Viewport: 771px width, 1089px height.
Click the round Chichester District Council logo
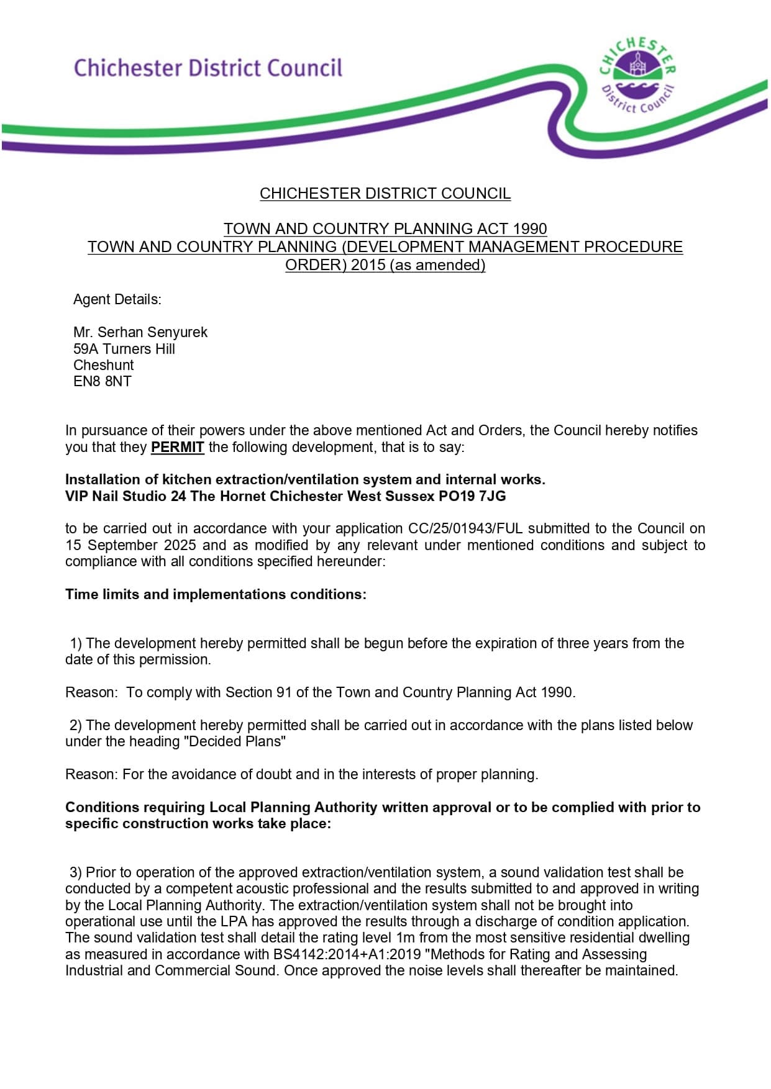(637, 76)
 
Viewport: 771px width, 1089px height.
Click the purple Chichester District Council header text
(208, 68)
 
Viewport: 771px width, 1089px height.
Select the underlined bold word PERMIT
(177, 447)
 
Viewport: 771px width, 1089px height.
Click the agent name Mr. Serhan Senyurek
(140, 332)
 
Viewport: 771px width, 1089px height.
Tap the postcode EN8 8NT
(103, 381)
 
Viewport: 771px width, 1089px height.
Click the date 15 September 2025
(130, 545)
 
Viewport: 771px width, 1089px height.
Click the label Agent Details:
(117, 299)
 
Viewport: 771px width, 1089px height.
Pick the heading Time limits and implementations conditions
(216, 594)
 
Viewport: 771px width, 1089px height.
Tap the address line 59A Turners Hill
(124, 349)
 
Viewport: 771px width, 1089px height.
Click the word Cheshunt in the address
(104, 365)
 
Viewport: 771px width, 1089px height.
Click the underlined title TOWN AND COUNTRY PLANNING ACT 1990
(385, 229)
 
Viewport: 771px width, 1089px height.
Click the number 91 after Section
(284, 692)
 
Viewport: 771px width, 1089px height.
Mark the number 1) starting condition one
(76, 643)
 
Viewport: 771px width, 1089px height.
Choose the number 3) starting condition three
(76, 872)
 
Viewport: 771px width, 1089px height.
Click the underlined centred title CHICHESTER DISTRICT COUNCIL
(385, 194)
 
